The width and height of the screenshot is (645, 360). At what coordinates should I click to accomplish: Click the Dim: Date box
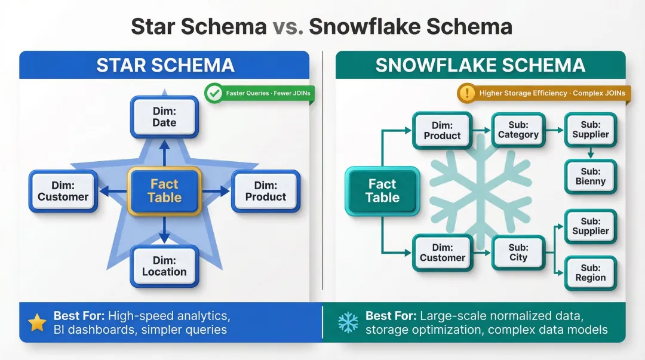pos(164,117)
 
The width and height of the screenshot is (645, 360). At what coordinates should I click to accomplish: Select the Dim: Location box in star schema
pos(164,266)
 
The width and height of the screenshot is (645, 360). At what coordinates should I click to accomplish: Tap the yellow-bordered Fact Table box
pos(164,191)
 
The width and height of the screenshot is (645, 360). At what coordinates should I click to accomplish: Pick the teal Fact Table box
pos(382,191)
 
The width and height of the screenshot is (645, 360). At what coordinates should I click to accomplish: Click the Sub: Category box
pos(518,130)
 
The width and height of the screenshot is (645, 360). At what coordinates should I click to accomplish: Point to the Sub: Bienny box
pos(590,176)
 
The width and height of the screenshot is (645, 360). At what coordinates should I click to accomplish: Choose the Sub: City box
pos(518,252)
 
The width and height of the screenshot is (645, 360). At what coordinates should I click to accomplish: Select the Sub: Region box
pos(590,273)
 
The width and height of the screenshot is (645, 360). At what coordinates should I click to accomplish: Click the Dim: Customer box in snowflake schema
pos(442,252)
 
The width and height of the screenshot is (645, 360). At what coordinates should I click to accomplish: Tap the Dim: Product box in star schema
pos(266,191)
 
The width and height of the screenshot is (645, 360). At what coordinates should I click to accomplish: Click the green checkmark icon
pos(213,93)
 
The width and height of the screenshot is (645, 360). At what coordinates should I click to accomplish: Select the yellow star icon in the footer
pos(37,323)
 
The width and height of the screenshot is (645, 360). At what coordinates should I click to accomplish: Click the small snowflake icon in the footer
pos(348,323)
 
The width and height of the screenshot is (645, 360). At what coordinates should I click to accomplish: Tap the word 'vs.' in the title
pos(288,27)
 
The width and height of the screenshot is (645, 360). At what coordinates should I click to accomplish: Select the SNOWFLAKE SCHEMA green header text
pos(480,65)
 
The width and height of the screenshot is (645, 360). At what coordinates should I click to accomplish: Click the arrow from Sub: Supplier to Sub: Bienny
pos(590,153)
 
